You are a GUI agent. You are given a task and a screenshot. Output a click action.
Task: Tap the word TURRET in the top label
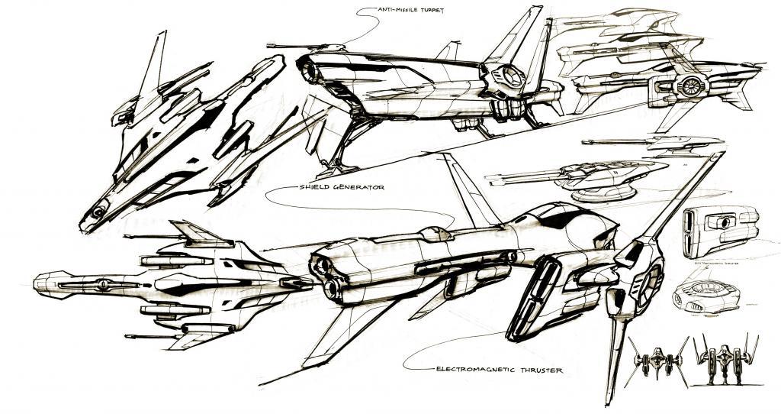(432, 10)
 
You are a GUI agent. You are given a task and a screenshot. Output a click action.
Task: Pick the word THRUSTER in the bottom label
(540, 370)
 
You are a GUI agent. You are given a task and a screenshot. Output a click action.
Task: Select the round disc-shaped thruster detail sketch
(702, 294)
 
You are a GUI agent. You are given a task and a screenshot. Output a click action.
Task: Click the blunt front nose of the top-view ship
(38, 285)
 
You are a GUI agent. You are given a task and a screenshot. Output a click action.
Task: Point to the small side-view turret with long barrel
(671, 141)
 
